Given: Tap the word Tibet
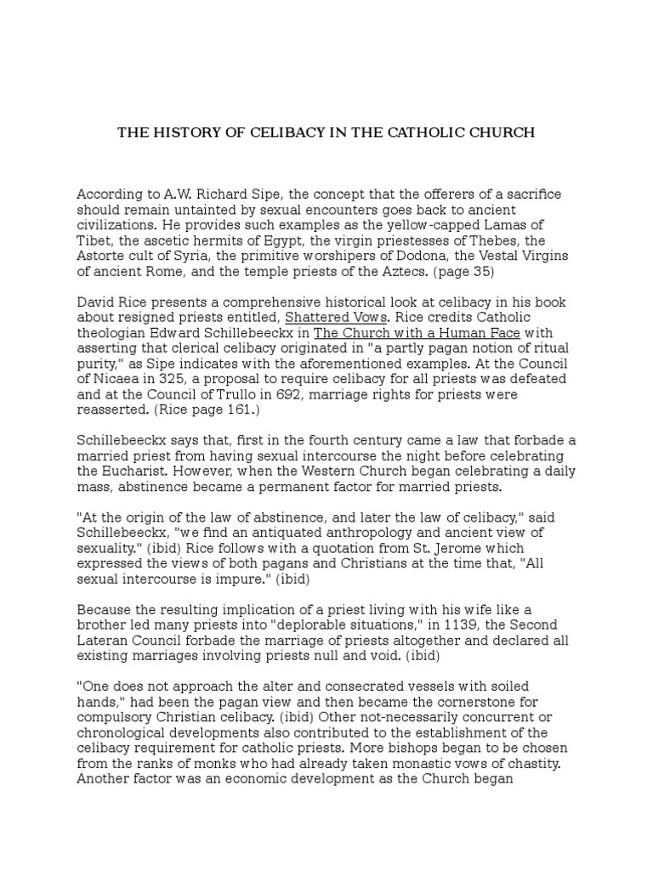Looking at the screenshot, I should pos(92,240).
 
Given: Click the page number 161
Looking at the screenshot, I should pos(220,410).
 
